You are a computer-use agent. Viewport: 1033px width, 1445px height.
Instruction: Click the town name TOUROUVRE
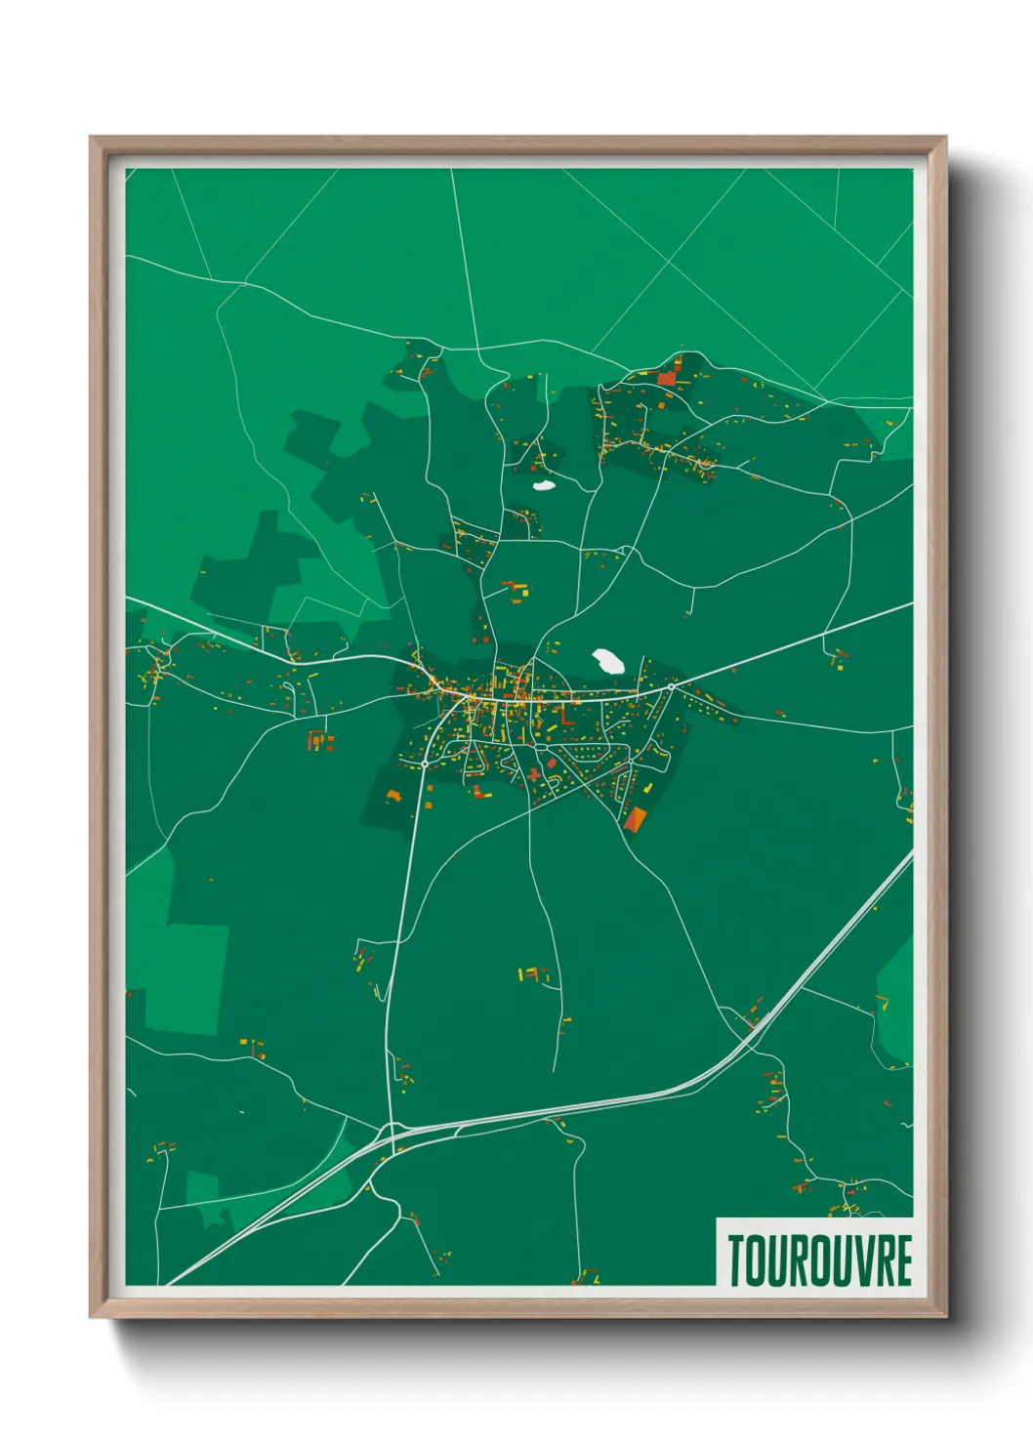pyautogui.click(x=819, y=1260)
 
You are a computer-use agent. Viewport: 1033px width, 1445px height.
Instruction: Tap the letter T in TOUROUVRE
pyautogui.click(x=736, y=1260)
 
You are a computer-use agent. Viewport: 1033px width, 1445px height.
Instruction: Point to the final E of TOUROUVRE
pyautogui.click(x=903, y=1260)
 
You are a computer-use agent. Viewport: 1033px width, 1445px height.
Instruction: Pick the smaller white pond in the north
pyautogui.click(x=543, y=483)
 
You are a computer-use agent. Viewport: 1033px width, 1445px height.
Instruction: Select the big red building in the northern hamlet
pyautogui.click(x=667, y=377)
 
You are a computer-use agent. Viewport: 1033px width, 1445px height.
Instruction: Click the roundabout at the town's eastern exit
pyautogui.click(x=671, y=687)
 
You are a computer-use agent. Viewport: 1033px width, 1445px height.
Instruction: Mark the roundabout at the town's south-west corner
pyautogui.click(x=430, y=778)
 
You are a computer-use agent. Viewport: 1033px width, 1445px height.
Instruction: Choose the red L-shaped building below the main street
pyautogui.click(x=564, y=718)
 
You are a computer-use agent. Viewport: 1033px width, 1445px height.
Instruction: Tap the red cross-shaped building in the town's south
pyautogui.click(x=534, y=774)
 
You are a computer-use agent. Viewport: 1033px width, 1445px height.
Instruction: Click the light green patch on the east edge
pyautogui.click(x=895, y=1006)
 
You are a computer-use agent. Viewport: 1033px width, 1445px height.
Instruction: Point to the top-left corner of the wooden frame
pyautogui.click(x=91, y=138)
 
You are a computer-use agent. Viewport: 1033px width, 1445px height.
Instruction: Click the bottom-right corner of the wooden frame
pyautogui.click(x=945, y=1317)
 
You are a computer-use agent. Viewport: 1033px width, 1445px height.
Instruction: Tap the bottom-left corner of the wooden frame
pyautogui.click(x=91, y=1317)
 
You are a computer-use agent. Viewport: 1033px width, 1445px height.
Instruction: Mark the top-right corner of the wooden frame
pyautogui.click(x=945, y=138)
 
